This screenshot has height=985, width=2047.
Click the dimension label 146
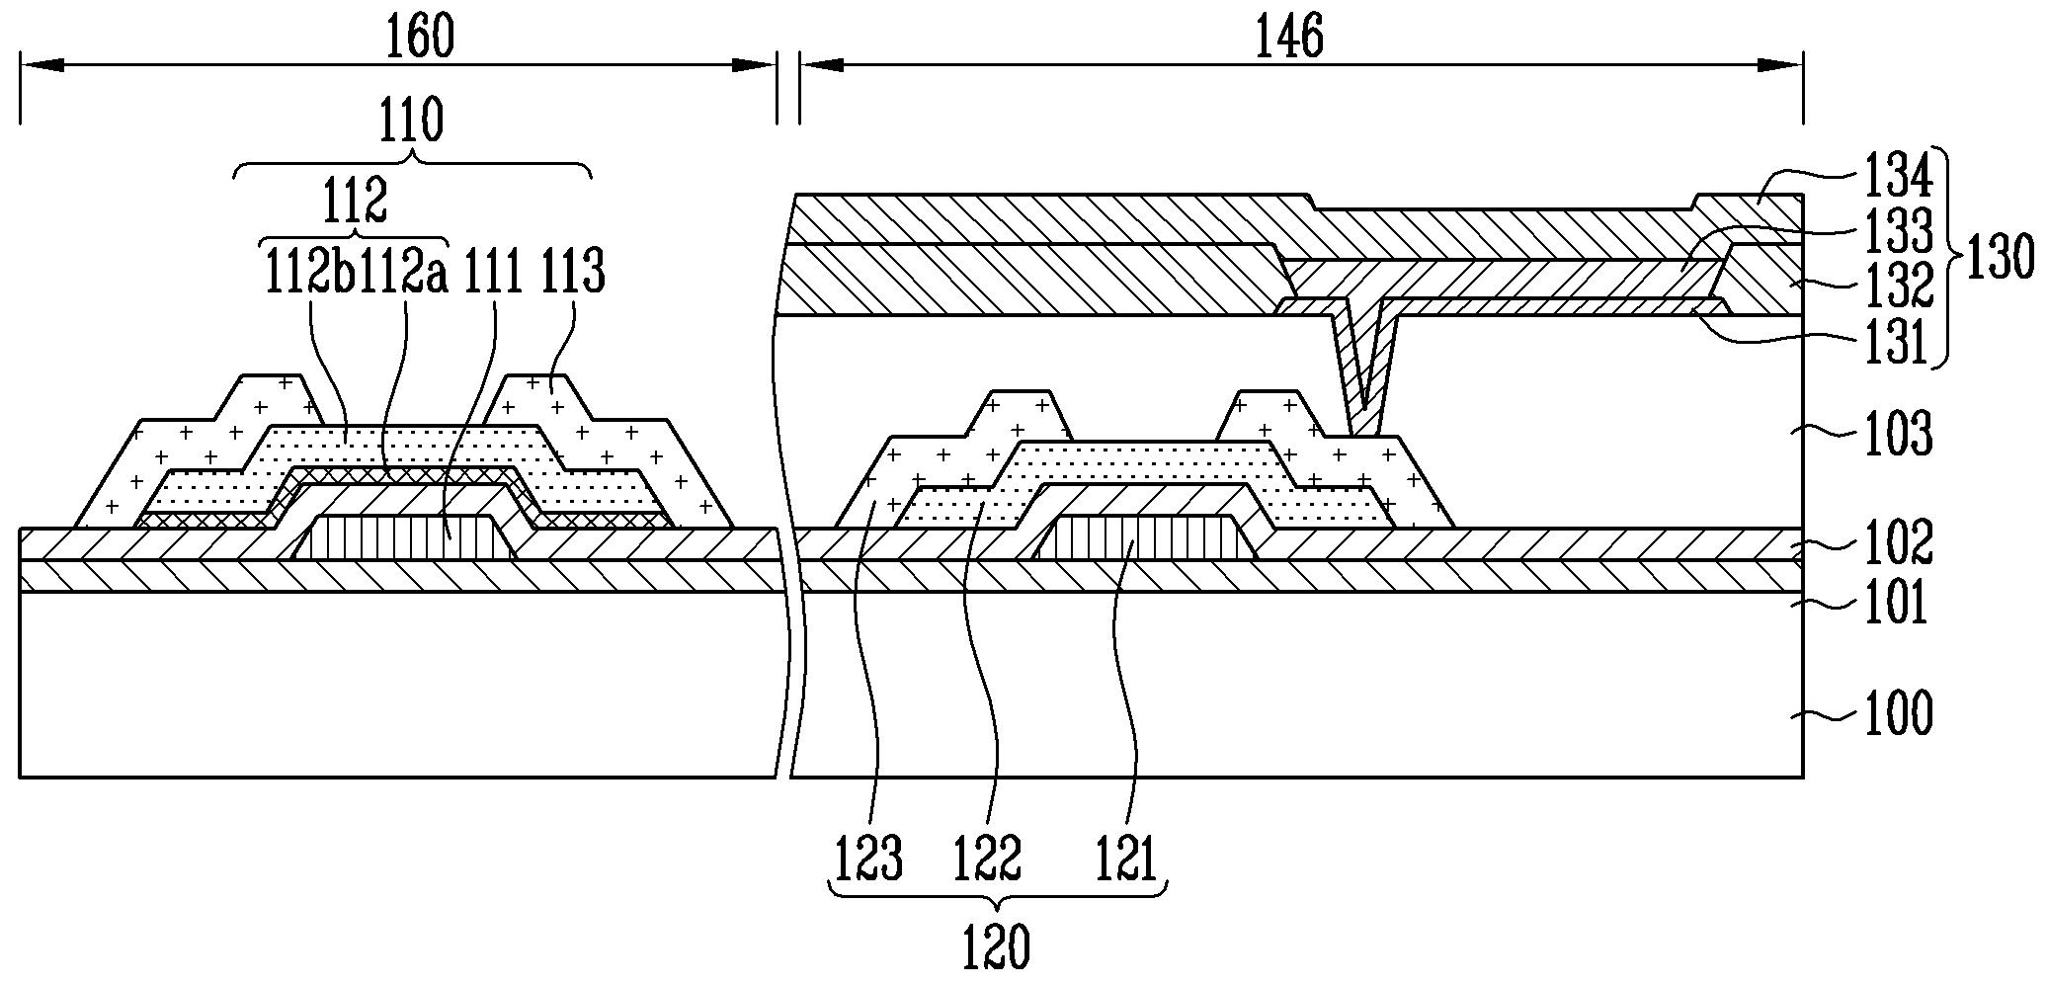coord(1288,38)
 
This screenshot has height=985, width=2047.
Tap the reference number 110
coord(412,123)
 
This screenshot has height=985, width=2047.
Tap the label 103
coord(1897,435)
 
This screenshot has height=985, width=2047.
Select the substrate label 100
coord(1897,714)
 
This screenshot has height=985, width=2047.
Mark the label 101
coord(1897,604)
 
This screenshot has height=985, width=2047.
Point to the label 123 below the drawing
coord(869,860)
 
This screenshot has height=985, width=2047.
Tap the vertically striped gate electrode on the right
coord(1146,538)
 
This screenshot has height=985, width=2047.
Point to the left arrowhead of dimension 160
coord(40,65)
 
